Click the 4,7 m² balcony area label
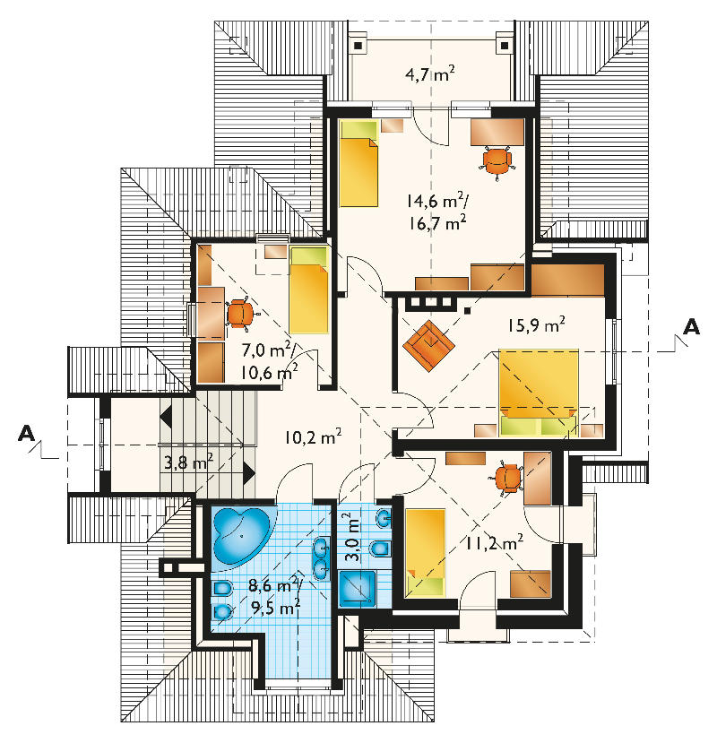[x=430, y=74]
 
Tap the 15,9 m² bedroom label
[x=536, y=325]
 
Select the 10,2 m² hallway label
[x=314, y=436]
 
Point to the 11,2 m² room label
[x=494, y=542]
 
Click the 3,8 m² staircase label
[x=188, y=462]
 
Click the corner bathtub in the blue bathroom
[x=241, y=535]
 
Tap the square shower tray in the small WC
[x=358, y=589]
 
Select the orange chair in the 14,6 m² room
[x=497, y=162]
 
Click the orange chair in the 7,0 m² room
[x=242, y=313]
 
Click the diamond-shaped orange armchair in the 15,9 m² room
[x=429, y=345]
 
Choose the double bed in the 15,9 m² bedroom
[x=539, y=393]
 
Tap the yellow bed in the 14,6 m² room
[x=358, y=163]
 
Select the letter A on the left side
[x=27, y=433]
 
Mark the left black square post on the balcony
[x=358, y=46]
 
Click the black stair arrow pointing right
[x=249, y=473]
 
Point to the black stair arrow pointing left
[x=166, y=418]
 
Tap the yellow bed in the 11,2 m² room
[x=425, y=552]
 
